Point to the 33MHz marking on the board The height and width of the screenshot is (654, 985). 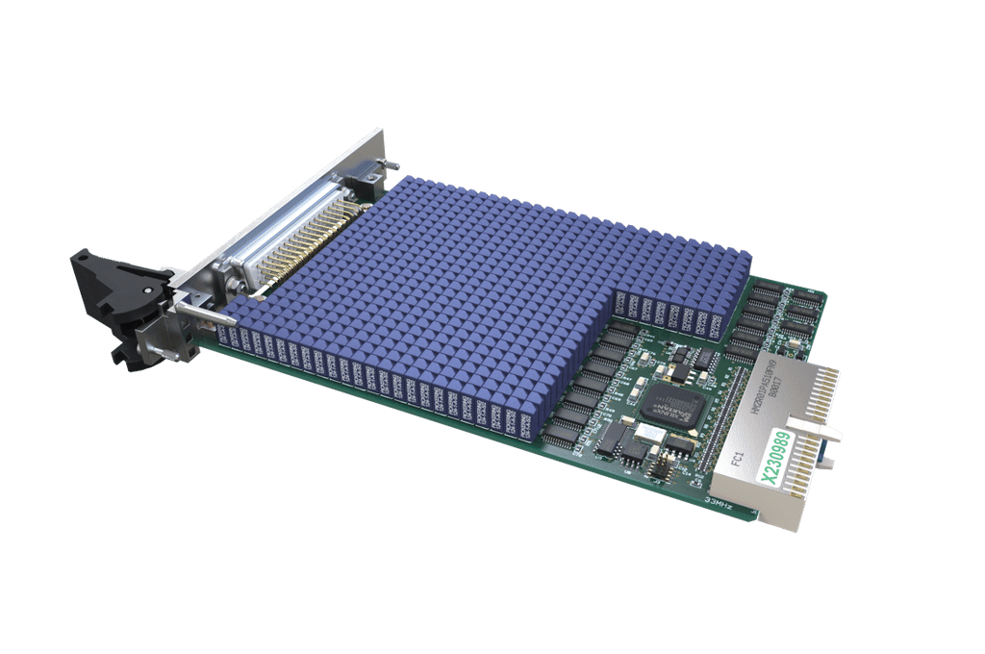[720, 501]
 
